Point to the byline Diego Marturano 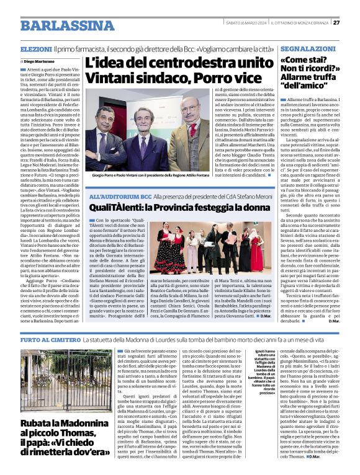coord(39,62)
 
